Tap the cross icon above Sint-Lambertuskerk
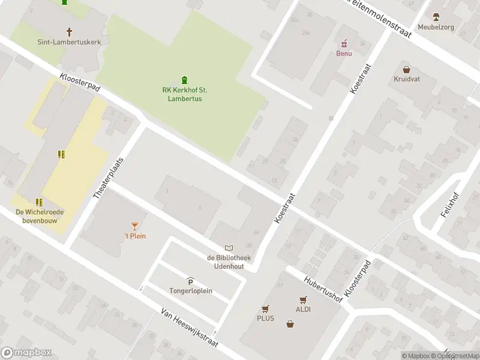pyautogui.click(x=69, y=31)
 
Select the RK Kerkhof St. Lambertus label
pyautogui.click(x=185, y=94)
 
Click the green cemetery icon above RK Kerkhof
pyautogui.click(x=185, y=80)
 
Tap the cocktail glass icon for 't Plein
pyautogui.click(x=134, y=226)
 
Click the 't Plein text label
pyautogui.click(x=135, y=236)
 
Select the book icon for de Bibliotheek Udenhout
pyautogui.click(x=228, y=248)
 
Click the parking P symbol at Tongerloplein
pyautogui.click(x=191, y=282)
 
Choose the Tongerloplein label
pyautogui.click(x=191, y=291)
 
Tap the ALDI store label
pyautogui.click(x=302, y=309)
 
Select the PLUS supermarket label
pyautogui.click(x=265, y=318)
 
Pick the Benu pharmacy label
pyautogui.click(x=344, y=53)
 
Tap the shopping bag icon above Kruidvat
pyautogui.click(x=406, y=69)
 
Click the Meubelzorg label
pyautogui.click(x=436, y=26)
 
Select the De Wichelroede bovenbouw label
pyautogui.click(x=40, y=215)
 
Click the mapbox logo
pyautogui.click(x=26, y=353)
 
